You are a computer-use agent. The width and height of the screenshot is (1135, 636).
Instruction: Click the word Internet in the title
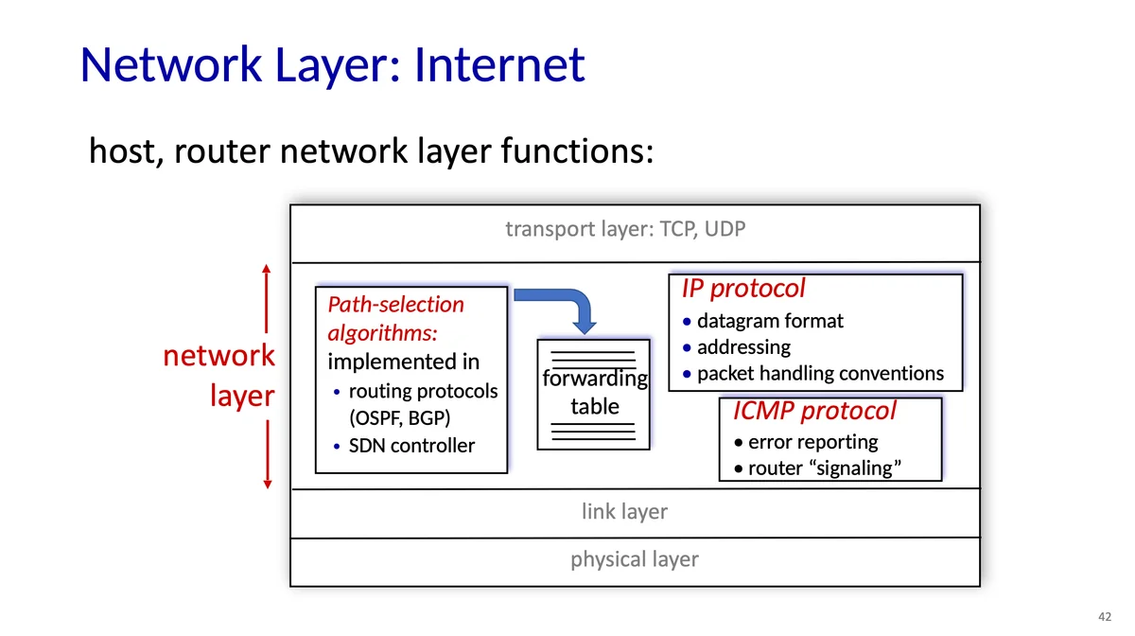pyautogui.click(x=499, y=64)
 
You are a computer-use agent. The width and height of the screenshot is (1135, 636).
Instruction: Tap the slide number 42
pyautogui.click(x=1105, y=616)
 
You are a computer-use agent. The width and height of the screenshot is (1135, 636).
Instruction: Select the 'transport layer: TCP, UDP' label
pyautogui.click(x=625, y=229)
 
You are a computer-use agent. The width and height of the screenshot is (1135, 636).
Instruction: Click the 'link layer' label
pyautogui.click(x=624, y=511)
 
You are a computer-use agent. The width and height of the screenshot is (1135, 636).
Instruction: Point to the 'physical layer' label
pyautogui.click(x=635, y=559)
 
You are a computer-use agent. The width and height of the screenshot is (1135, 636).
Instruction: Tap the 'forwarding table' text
pyautogui.click(x=594, y=392)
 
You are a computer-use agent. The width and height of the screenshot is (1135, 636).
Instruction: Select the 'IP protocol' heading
pyautogui.click(x=742, y=289)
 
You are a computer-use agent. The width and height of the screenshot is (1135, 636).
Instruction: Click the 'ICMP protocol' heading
pyautogui.click(x=814, y=411)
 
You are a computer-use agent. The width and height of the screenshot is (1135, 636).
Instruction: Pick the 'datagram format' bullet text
pyautogui.click(x=770, y=321)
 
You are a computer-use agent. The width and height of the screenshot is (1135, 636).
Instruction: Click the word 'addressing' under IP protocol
pyautogui.click(x=743, y=347)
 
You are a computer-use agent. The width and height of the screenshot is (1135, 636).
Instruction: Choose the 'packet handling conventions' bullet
pyautogui.click(x=820, y=374)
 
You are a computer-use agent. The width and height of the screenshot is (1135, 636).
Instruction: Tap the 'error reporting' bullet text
pyautogui.click(x=812, y=442)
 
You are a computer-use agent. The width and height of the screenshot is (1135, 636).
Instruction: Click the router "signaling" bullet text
pyautogui.click(x=825, y=468)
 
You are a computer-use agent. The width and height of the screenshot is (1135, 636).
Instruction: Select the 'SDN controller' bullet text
pyautogui.click(x=411, y=446)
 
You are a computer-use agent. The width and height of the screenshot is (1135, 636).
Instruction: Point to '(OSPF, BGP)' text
pyautogui.click(x=399, y=418)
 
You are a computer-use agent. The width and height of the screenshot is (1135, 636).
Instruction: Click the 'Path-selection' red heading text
pyautogui.click(x=395, y=305)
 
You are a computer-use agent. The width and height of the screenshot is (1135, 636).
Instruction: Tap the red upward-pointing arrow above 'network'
pyautogui.click(x=267, y=299)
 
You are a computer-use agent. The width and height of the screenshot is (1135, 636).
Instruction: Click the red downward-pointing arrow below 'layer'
pyautogui.click(x=268, y=454)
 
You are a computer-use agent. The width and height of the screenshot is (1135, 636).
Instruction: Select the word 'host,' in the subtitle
pyautogui.click(x=127, y=151)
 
